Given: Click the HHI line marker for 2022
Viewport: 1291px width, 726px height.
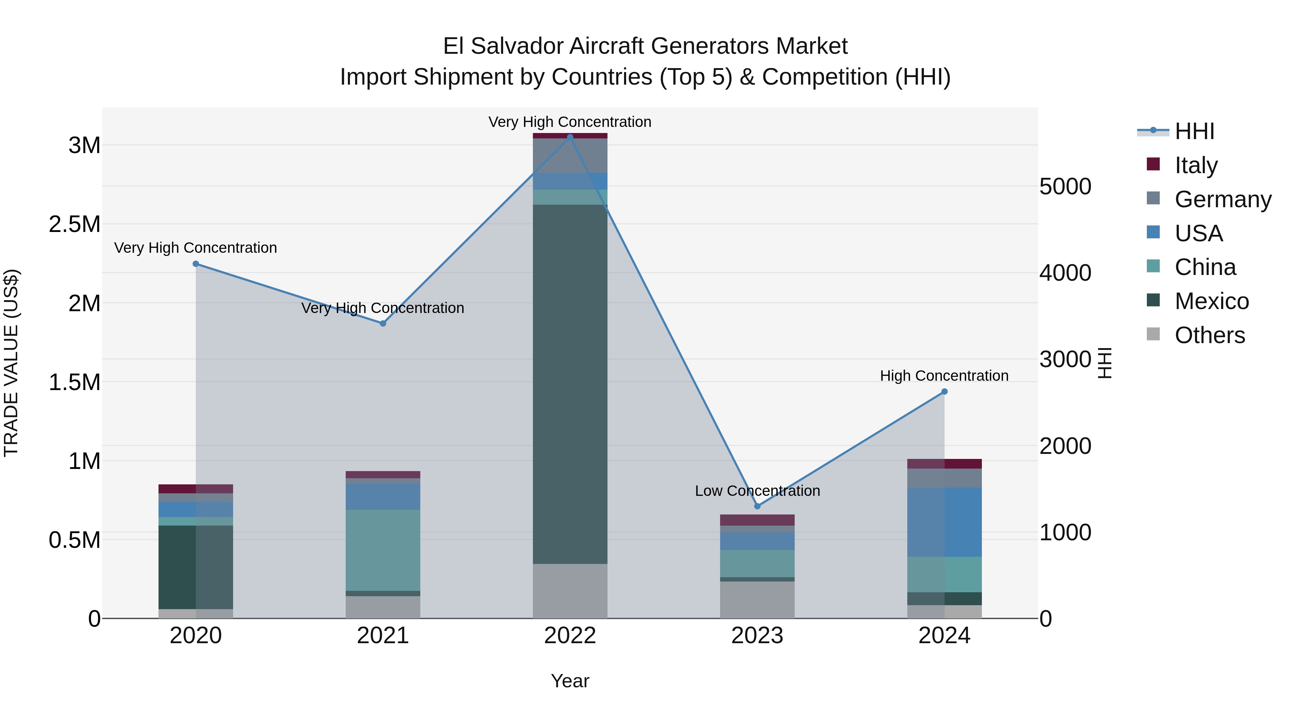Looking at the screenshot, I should pos(570,137).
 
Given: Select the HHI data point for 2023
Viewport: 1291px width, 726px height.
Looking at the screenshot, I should pos(757,506).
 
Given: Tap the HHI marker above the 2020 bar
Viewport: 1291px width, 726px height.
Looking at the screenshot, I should pos(196,264).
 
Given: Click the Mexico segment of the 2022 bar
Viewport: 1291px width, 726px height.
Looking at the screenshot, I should pos(570,383).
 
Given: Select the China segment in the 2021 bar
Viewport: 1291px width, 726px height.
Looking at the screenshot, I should pos(383,550).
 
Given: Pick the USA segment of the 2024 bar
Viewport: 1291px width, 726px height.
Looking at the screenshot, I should pos(944,522).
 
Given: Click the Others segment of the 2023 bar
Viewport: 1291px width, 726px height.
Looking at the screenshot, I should pos(757,600).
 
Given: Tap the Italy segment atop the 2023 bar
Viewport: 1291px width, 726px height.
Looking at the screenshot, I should pos(757,519).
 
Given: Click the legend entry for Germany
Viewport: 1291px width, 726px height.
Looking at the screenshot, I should pos(1223,199).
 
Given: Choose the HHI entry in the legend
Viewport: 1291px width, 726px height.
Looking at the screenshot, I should pos(1194,131).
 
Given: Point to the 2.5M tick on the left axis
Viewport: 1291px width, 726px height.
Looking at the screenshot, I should pos(75,224).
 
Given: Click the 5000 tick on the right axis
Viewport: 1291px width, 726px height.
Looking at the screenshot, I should pos(1065,186).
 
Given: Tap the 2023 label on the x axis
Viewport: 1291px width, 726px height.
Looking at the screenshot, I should pos(757,636).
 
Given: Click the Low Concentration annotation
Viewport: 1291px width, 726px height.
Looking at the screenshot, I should pos(757,490).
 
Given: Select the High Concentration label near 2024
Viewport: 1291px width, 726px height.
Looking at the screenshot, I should pos(944,376).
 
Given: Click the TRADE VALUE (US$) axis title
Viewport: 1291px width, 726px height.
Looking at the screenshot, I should pos(11,363).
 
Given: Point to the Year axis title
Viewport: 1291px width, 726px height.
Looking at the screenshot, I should pos(570,681).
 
